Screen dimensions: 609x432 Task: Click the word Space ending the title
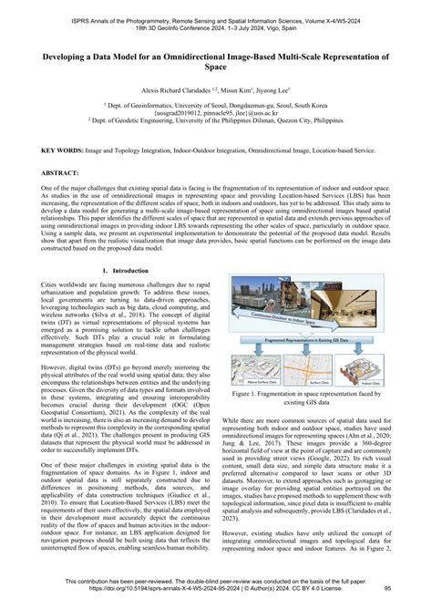215,68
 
